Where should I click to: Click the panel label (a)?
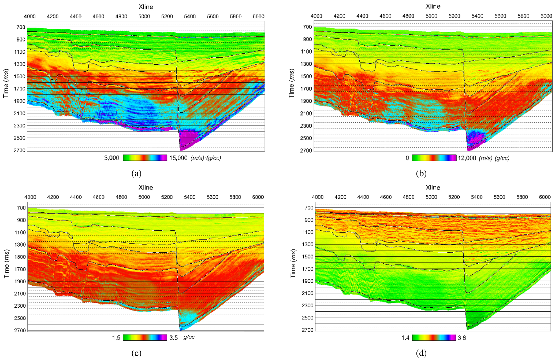pyautogui.click(x=136, y=173)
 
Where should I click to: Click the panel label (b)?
pyautogui.click(x=421, y=173)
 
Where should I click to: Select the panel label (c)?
pyautogui.click(x=136, y=353)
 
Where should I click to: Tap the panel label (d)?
pyautogui.click(x=421, y=353)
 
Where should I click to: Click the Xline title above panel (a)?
pyautogui.click(x=146, y=7)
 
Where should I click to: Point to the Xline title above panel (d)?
pyautogui.click(x=433, y=187)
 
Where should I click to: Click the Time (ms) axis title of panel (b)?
pyautogui.click(x=292, y=83)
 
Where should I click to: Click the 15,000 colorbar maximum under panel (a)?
pyautogui.click(x=178, y=158)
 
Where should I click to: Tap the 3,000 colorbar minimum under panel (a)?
pyautogui.click(x=111, y=158)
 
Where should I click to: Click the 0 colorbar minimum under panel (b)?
pyautogui.click(x=407, y=158)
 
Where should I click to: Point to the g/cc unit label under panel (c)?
pyautogui.click(x=189, y=337)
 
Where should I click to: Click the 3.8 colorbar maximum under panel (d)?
pyautogui.click(x=462, y=338)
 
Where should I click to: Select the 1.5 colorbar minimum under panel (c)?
pyautogui.click(x=116, y=337)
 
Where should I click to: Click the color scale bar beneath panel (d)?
pyautogui.click(x=434, y=337)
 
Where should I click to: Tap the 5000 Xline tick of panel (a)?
pyautogui.click(x=144, y=16)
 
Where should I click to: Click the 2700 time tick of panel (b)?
pyautogui.click(x=306, y=150)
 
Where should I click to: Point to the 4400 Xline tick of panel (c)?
pyautogui.click(x=76, y=197)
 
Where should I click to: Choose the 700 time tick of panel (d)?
pyautogui.click(x=309, y=208)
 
